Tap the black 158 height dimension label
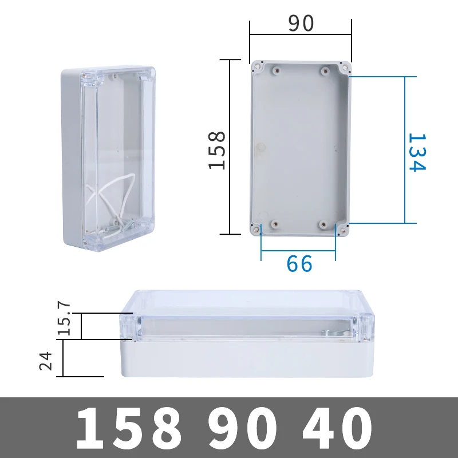218,150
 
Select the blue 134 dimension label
416,152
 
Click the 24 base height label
46,361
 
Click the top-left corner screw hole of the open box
256,67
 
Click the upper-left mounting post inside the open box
276,72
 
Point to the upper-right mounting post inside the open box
325,72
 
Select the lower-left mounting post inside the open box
275,224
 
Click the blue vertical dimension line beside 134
405,150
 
